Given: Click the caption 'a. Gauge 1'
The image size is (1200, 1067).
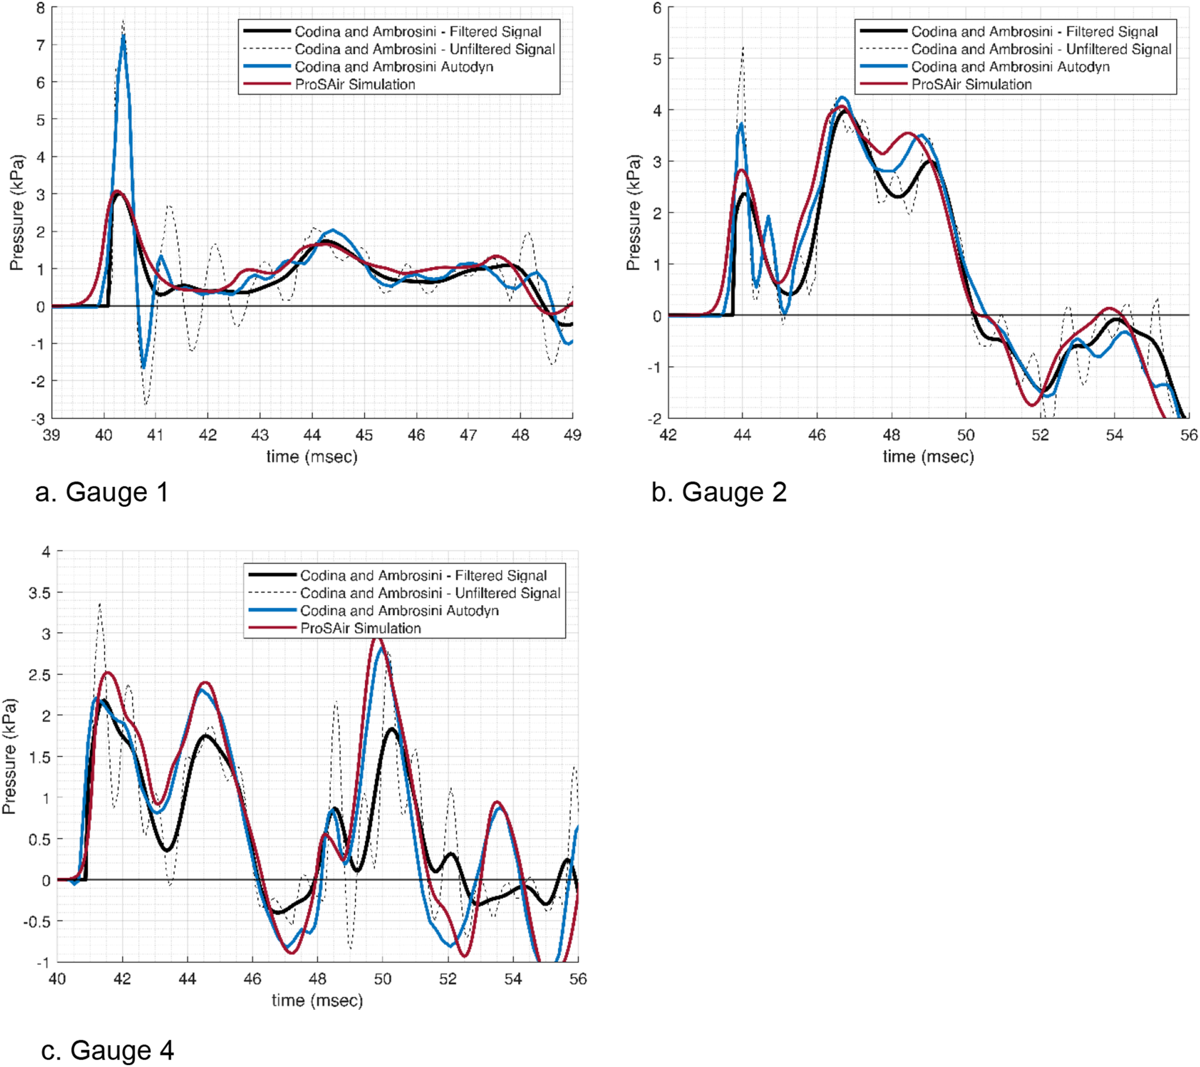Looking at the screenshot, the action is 101,492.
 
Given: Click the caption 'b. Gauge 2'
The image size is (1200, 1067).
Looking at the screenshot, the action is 719,492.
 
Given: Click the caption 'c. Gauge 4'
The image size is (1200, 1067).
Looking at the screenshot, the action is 107,1050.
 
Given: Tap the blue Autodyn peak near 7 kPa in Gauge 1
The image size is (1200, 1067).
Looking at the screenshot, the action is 123,37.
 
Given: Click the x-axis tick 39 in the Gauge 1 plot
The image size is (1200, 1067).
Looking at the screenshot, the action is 52,434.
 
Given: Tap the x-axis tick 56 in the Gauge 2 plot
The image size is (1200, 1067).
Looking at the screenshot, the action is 1189,434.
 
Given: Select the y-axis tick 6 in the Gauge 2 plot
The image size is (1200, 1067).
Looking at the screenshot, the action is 657,8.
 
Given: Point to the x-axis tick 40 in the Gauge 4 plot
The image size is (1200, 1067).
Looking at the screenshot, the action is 57,978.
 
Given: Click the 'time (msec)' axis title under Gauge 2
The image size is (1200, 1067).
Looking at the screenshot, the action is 928,456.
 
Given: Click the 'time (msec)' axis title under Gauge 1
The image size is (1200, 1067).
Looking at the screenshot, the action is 312,456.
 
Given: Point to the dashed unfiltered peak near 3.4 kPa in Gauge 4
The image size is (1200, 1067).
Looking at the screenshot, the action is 100,604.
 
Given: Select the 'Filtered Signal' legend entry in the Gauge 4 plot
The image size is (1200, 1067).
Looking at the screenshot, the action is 423,575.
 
